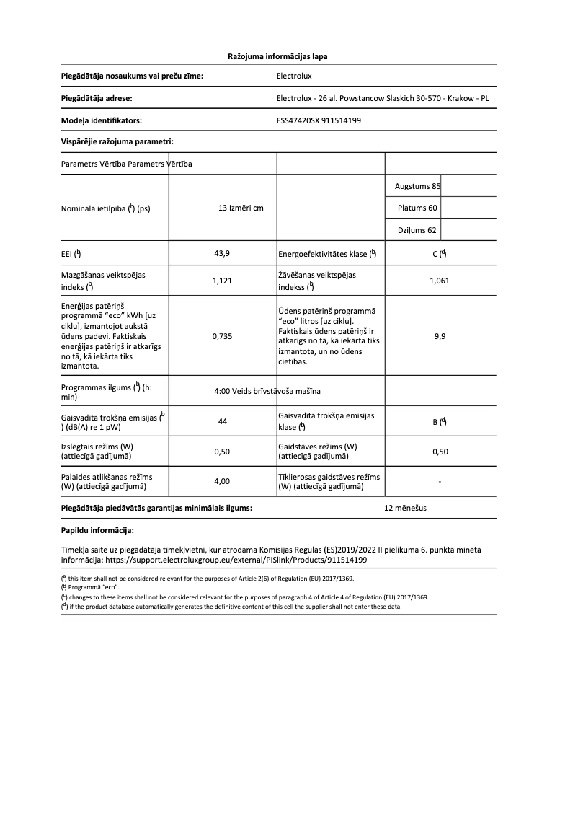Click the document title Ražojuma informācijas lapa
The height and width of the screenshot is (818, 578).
(277, 56)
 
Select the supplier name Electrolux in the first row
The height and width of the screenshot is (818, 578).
(294, 75)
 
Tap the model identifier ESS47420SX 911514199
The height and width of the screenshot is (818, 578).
(319, 120)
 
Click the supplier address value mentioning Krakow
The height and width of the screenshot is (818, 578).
(382, 98)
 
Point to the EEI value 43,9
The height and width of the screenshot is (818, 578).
(222, 253)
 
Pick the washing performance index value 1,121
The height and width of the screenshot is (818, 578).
(222, 281)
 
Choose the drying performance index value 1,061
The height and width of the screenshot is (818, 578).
(439, 281)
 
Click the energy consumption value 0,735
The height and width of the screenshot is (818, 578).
(222, 335)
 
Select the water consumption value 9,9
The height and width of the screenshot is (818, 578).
(439, 335)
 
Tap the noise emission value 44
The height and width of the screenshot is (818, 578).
(222, 422)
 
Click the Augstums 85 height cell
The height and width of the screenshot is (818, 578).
(417, 186)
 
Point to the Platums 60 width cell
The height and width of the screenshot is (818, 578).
(417, 208)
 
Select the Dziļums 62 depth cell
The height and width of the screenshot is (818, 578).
(417, 231)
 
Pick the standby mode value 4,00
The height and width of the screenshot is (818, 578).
(222, 481)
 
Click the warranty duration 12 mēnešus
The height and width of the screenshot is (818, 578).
(405, 508)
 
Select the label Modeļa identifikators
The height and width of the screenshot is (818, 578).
(101, 120)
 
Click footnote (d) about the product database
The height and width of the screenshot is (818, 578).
(231, 607)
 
